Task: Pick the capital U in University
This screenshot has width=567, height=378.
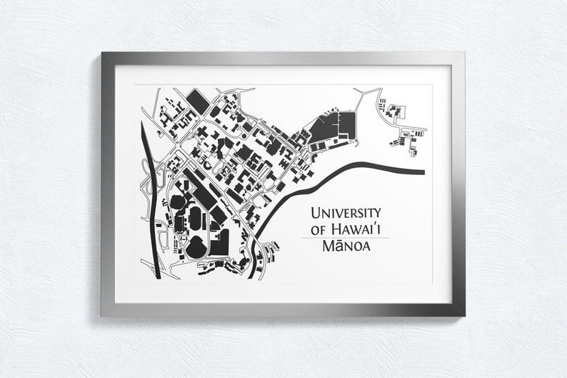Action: [312, 214]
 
